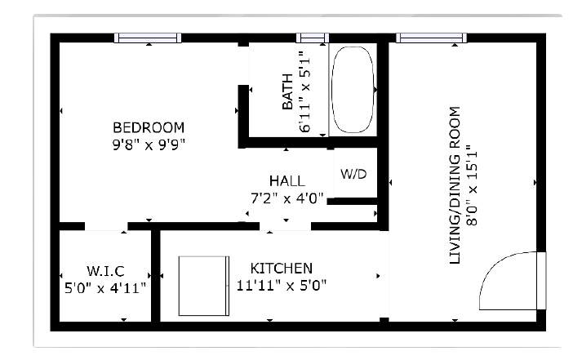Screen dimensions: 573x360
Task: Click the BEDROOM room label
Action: (x=149, y=127)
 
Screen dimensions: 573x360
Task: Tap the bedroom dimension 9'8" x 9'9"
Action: (x=149, y=145)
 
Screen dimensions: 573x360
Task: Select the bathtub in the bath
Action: (x=353, y=90)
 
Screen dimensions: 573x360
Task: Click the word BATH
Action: (x=287, y=91)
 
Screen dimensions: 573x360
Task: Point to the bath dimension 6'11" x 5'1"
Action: (x=304, y=91)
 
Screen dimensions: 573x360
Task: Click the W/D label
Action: (x=353, y=174)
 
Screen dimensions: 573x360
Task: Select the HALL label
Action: (x=286, y=181)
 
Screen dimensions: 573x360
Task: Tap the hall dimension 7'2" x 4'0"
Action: (x=286, y=198)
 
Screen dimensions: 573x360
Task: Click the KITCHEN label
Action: (x=282, y=269)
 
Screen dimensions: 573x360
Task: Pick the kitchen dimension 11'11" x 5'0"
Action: (x=282, y=286)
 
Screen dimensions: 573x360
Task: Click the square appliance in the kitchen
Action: (x=204, y=286)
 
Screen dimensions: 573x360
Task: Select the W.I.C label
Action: (x=105, y=271)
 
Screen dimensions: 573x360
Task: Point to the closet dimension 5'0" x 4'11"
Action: (x=105, y=288)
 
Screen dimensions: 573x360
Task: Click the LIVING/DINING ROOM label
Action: (x=454, y=185)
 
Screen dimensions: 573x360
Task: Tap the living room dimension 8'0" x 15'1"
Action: (x=472, y=184)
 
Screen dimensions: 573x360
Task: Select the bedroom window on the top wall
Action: (x=148, y=38)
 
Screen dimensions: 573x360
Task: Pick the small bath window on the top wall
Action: (x=313, y=38)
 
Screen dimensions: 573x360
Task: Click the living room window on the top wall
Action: (x=432, y=38)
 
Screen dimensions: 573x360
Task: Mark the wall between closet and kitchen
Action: (x=156, y=276)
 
